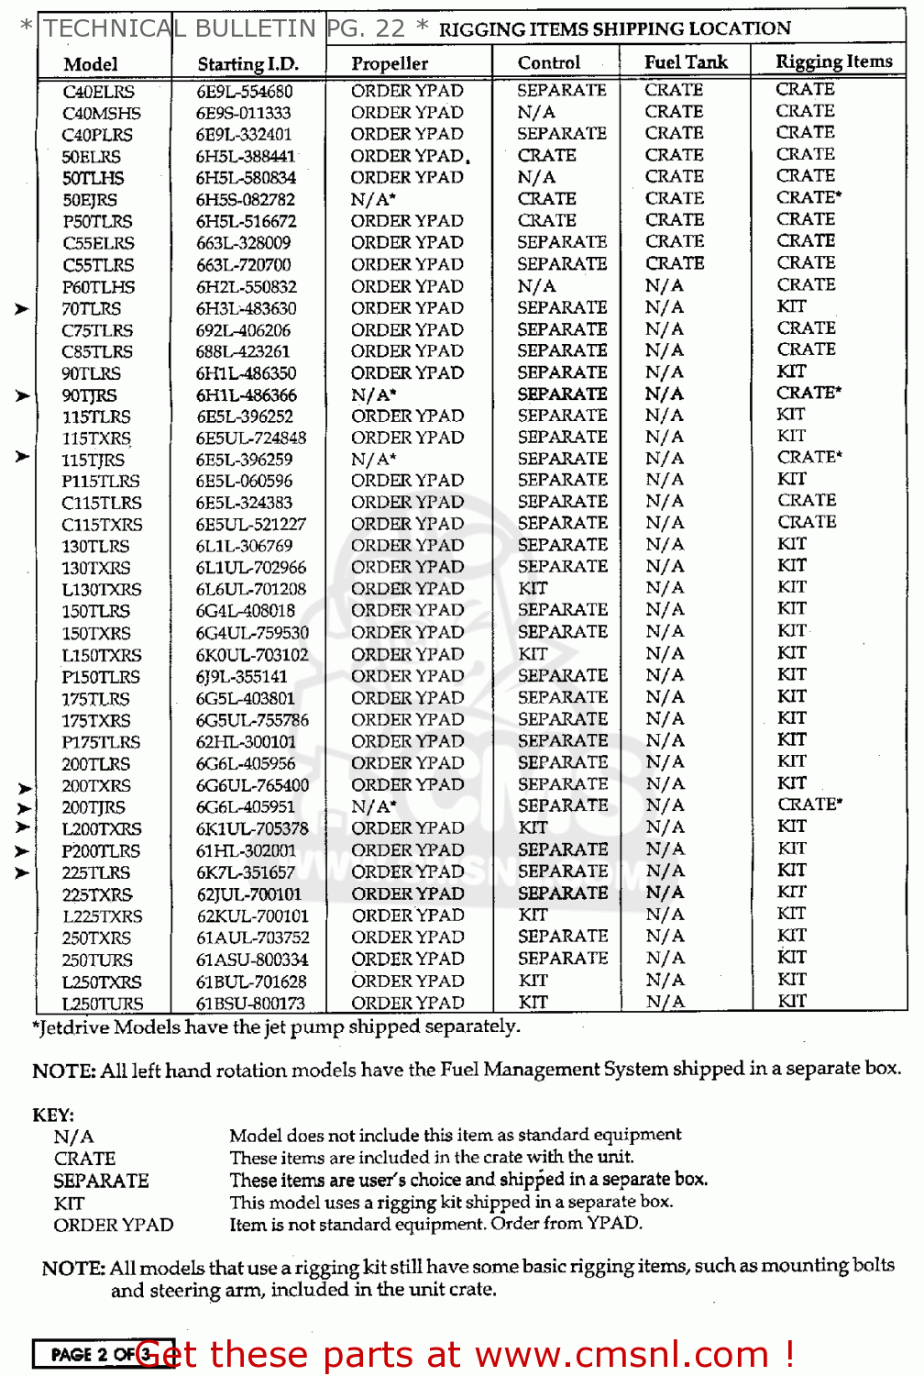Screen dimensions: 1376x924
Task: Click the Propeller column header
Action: tap(390, 63)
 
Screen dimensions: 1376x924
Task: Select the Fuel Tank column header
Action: tap(686, 62)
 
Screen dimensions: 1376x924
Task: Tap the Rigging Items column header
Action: tap(833, 61)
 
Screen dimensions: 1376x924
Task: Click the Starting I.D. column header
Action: tap(247, 64)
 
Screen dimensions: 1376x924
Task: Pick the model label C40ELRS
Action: tap(98, 92)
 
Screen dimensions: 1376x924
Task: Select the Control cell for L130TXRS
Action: tap(533, 588)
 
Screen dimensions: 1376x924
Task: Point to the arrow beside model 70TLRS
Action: tap(22, 309)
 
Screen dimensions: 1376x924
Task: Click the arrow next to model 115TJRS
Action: tap(22, 456)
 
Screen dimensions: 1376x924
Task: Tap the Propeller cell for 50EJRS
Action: tap(373, 199)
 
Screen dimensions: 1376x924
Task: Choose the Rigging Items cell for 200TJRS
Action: tap(809, 804)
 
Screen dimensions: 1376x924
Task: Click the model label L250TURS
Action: tap(103, 1004)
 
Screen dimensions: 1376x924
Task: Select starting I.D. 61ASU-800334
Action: tap(251, 960)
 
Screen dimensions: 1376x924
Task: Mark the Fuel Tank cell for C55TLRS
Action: tap(675, 263)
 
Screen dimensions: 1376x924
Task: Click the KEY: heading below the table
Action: tap(53, 1115)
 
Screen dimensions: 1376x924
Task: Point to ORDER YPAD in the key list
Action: tap(114, 1226)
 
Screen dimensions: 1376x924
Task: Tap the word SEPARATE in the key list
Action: tap(101, 1182)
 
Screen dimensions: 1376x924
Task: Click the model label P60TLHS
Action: tap(98, 287)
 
